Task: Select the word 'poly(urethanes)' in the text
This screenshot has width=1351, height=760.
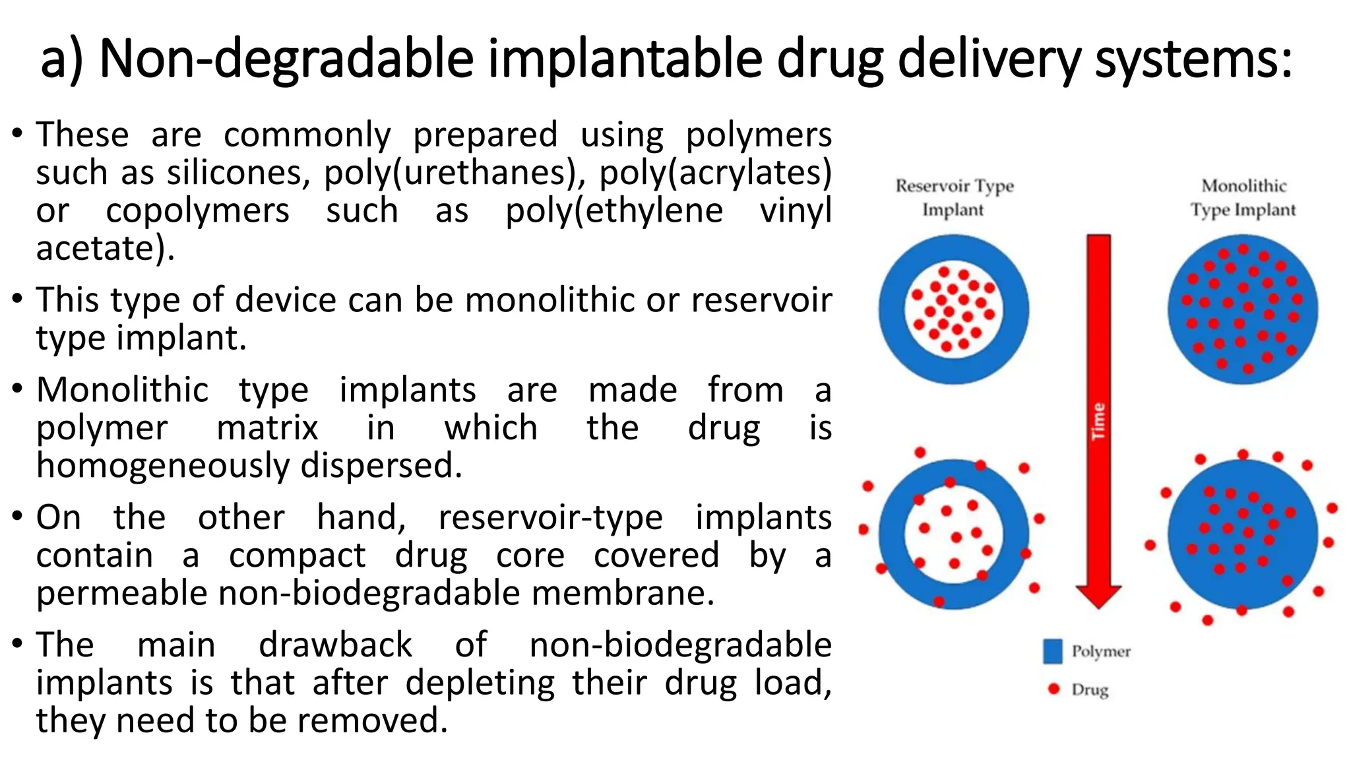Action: (451, 173)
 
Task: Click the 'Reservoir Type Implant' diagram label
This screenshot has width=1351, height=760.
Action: (954, 197)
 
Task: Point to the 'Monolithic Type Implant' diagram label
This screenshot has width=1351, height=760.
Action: (1243, 197)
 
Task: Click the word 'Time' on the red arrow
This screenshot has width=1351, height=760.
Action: (1098, 421)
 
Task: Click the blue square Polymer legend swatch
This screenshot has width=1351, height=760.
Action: (1053, 651)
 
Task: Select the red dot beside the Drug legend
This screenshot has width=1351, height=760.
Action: (1053, 689)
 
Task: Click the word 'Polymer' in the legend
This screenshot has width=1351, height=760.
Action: (1101, 651)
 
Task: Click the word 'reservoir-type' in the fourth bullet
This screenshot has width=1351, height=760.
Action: (550, 517)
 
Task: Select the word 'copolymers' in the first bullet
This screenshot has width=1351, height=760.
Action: (197, 211)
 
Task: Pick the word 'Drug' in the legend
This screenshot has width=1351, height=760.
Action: (1090, 690)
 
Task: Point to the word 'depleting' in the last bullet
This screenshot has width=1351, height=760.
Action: (480, 683)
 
